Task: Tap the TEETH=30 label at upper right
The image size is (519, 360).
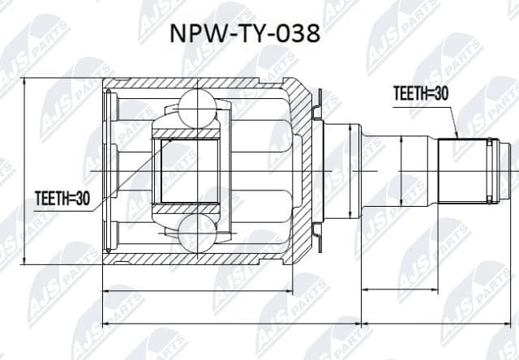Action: click(420, 93)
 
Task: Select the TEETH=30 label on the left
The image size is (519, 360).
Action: click(62, 197)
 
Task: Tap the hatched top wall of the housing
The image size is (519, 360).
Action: click(195, 84)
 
